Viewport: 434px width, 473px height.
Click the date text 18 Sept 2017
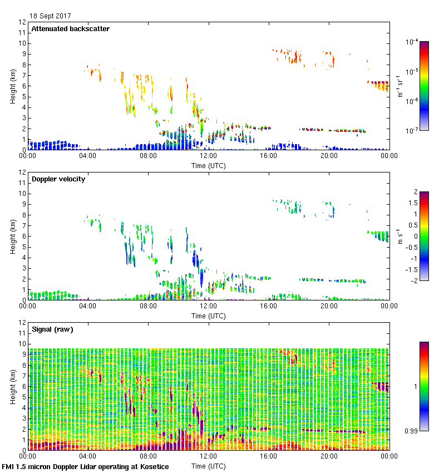(x=50, y=16)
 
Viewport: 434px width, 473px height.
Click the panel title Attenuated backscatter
(x=70, y=29)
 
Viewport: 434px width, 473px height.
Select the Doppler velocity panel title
(x=58, y=179)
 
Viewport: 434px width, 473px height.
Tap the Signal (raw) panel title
(x=52, y=329)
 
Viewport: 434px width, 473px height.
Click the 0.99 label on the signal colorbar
(x=412, y=430)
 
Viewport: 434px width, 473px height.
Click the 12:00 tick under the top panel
(x=208, y=156)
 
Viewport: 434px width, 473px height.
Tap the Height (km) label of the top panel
(x=12, y=86)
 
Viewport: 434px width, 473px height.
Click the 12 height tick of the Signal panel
(x=23, y=323)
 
